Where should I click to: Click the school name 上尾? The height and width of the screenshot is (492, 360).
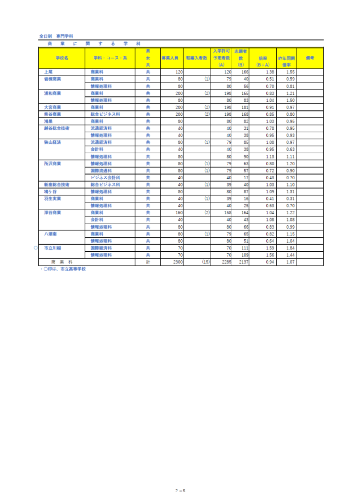[48, 72]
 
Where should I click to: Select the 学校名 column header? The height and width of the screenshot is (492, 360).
[62, 58]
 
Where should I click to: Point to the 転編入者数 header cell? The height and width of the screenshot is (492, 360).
[197, 58]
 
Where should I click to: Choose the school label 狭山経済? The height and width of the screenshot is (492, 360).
[52, 143]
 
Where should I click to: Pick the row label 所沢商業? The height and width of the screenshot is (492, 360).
[52, 163]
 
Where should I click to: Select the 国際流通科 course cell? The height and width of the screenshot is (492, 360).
[101, 171]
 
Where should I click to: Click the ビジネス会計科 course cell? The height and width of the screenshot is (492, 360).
[105, 177]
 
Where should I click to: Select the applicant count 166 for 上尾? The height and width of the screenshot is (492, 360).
[245, 72]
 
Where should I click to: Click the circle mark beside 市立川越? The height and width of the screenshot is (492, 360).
[36, 248]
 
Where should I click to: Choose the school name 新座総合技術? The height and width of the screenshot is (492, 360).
[57, 184]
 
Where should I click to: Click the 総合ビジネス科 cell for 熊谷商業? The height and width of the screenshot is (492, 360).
[105, 114]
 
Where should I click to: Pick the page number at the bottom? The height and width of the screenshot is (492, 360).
[180, 490]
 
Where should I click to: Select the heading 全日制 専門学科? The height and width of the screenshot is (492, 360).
[56, 36]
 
